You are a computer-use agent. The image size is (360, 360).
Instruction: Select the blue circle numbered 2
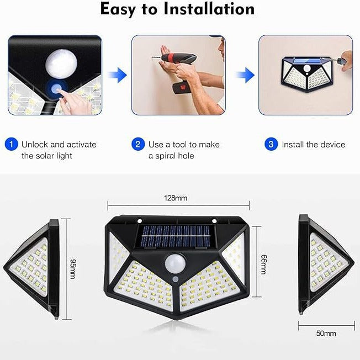pyautogui.click(x=138, y=145)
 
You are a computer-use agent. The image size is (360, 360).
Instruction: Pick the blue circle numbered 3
pyautogui.click(x=271, y=145)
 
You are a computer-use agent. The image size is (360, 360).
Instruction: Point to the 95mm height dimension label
pyautogui.click(x=72, y=269)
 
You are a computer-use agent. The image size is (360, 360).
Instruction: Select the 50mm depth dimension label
pyautogui.click(x=326, y=333)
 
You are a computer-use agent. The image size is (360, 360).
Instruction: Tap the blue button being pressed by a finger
pyautogui.click(x=55, y=87)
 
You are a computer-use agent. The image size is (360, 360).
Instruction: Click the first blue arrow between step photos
pyautogui.click(x=117, y=76)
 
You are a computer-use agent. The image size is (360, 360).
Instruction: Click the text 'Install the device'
pyautogui.click(x=313, y=145)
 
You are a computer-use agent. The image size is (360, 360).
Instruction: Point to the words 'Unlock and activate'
pyautogui.click(x=59, y=145)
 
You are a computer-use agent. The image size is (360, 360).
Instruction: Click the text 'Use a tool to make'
pyautogui.click(x=184, y=145)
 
